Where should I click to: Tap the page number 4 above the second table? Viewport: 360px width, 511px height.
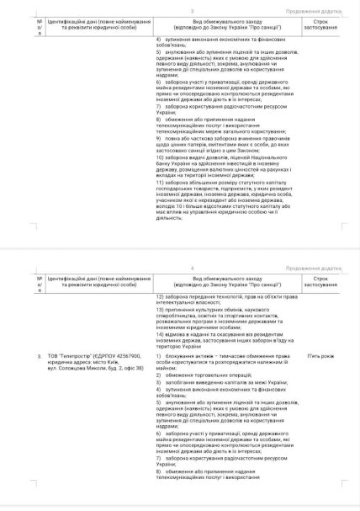pyautogui.click(x=181, y=269)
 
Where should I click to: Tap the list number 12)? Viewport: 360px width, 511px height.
pyautogui.click(x=161, y=297)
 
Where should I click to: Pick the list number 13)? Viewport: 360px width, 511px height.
pyautogui.click(x=161, y=309)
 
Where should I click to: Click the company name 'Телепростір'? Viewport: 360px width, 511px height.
pyautogui.click(x=79, y=357)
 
